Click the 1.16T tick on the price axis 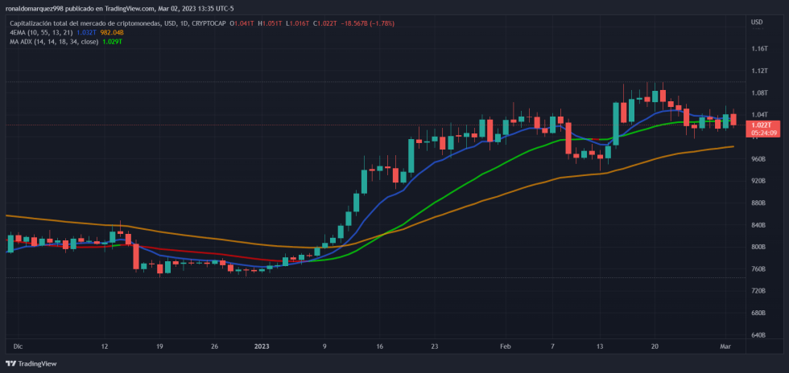(x=759, y=49)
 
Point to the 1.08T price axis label (x=759, y=93)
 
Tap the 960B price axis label (x=758, y=159)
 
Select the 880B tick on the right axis (x=758, y=203)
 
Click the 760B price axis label (x=758, y=268)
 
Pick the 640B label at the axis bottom (x=758, y=334)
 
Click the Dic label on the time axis (x=18, y=346)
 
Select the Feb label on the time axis (x=506, y=346)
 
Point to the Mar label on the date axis (x=725, y=346)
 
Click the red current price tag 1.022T (x=761, y=125)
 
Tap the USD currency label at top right (x=756, y=22)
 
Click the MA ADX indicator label (x=23, y=41)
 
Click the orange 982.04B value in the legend (x=111, y=32)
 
